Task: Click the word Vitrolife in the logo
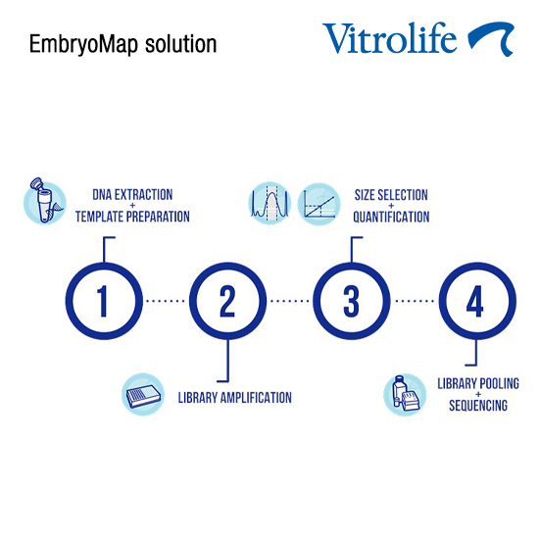pyautogui.click(x=389, y=38)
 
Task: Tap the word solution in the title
pyautogui.click(x=181, y=44)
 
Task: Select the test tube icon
pyautogui.click(x=44, y=202)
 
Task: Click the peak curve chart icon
pyautogui.click(x=269, y=204)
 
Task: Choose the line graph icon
pyautogui.click(x=319, y=204)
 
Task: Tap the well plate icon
pyautogui.click(x=143, y=394)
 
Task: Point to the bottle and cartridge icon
pyautogui.click(x=405, y=395)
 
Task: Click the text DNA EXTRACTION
pyautogui.click(x=132, y=195)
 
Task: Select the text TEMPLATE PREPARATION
pyautogui.click(x=132, y=217)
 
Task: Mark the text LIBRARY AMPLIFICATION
pyautogui.click(x=235, y=398)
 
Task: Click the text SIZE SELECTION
pyautogui.click(x=391, y=195)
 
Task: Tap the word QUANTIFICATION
pyautogui.click(x=391, y=217)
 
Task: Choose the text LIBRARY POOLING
pyautogui.click(x=478, y=383)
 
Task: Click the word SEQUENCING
pyautogui.click(x=478, y=406)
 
